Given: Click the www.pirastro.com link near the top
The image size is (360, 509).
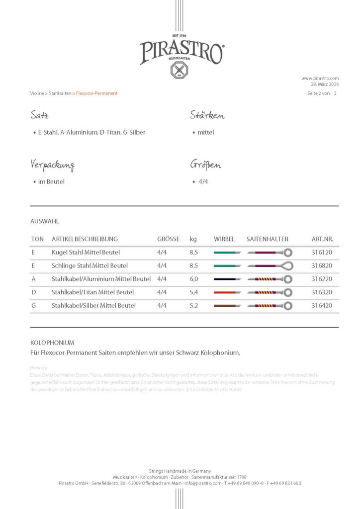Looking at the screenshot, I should click(x=320, y=78).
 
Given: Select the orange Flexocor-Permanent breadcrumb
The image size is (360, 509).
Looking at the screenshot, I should click(x=97, y=93).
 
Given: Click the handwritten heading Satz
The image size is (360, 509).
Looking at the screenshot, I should click(x=39, y=115).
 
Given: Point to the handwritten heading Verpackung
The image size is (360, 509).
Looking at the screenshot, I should click(x=52, y=165).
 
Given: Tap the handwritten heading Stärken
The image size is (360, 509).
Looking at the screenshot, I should click(x=207, y=115).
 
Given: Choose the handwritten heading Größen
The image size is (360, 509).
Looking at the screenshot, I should click(x=205, y=165).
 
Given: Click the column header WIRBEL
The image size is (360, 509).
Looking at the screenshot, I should click(x=224, y=239).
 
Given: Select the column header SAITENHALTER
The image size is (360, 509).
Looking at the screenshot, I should click(x=267, y=239).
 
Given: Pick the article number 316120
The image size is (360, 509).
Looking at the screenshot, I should click(x=322, y=253).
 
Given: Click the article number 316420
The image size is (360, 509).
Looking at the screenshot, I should click(x=322, y=305).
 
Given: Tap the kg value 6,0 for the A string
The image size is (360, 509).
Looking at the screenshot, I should click(x=194, y=279).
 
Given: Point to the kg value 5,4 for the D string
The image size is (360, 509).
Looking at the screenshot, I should click(x=194, y=292).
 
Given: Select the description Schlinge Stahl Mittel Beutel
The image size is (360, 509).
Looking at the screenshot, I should click(x=90, y=266).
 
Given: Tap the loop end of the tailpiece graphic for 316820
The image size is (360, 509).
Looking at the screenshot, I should click(x=287, y=266).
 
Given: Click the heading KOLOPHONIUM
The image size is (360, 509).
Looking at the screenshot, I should click(x=52, y=343).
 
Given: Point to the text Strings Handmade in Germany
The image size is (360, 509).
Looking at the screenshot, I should click(x=180, y=471).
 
